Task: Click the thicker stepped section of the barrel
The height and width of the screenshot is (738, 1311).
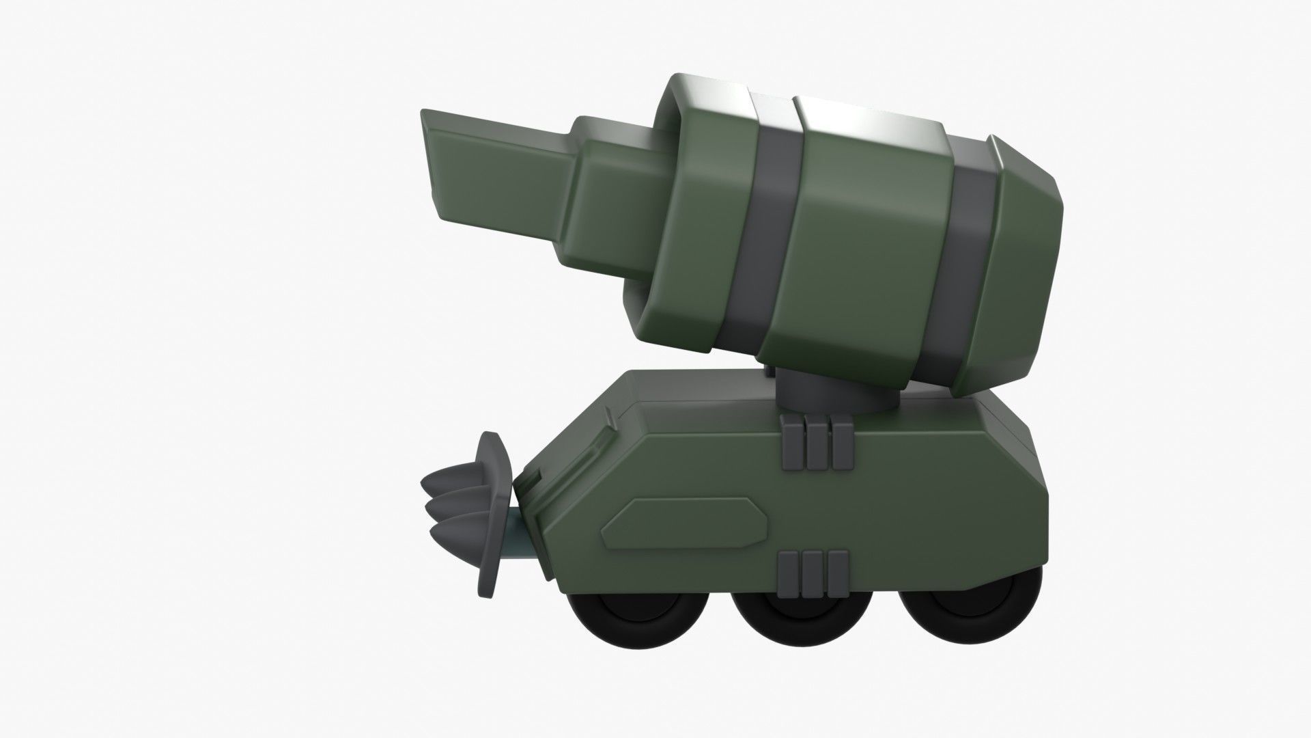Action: point(608,198)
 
